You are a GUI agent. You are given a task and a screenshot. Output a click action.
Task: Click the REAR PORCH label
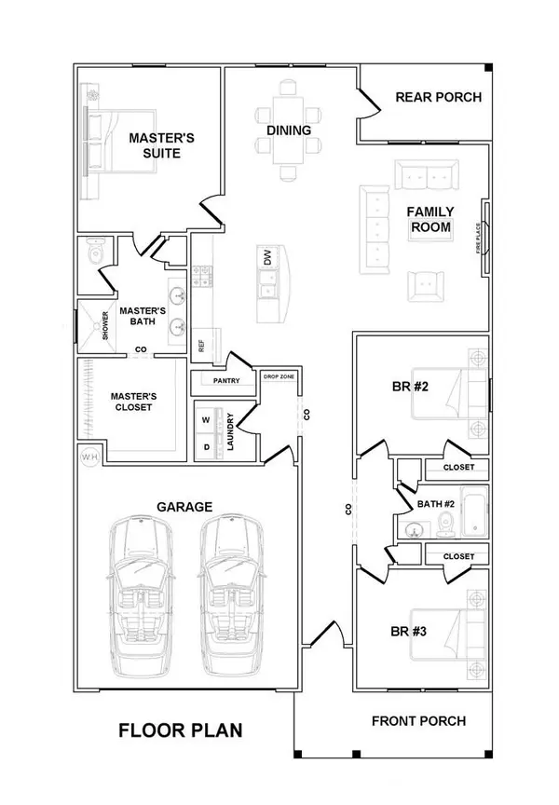(x=438, y=97)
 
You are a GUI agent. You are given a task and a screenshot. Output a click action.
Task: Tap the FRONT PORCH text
(x=418, y=720)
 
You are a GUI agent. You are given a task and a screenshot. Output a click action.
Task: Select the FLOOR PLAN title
(x=181, y=730)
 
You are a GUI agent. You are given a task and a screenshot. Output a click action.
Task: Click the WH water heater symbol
(x=90, y=457)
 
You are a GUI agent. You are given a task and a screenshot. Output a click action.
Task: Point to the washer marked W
(x=206, y=418)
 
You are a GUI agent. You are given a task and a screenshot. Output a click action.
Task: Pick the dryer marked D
(x=206, y=445)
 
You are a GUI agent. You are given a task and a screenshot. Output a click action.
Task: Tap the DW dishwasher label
(x=267, y=261)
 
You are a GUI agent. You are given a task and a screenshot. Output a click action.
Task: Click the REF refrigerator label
(x=200, y=345)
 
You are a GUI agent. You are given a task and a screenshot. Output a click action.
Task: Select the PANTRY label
(x=226, y=380)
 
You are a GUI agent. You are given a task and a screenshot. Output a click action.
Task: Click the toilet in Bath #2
(x=443, y=528)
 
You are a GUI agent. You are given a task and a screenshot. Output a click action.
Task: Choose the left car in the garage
(x=141, y=597)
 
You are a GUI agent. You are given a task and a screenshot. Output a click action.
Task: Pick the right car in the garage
(x=231, y=597)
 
